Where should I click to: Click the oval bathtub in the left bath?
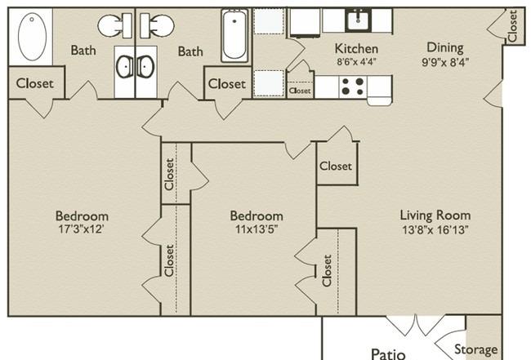point(32,37)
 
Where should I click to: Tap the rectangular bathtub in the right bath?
point(234,36)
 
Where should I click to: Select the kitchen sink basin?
point(358,20)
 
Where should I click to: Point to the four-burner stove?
point(353,87)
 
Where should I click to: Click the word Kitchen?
point(356,49)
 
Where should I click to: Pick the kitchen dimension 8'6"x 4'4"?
point(357,62)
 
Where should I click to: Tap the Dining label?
point(445,48)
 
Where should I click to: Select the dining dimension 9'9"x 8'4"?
point(445,62)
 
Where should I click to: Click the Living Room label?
point(435,216)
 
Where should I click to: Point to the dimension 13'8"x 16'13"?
point(435,230)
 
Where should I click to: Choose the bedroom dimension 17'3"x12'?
point(81,229)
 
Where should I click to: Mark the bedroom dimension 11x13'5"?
point(257,229)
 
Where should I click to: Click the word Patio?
point(388,354)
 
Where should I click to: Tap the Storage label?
point(475,350)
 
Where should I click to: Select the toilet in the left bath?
point(115,25)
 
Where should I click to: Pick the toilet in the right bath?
point(157,25)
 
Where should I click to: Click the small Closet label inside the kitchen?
point(300,91)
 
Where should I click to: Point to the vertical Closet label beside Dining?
point(512,26)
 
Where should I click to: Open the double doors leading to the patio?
point(416,325)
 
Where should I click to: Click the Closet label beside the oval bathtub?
point(35,83)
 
